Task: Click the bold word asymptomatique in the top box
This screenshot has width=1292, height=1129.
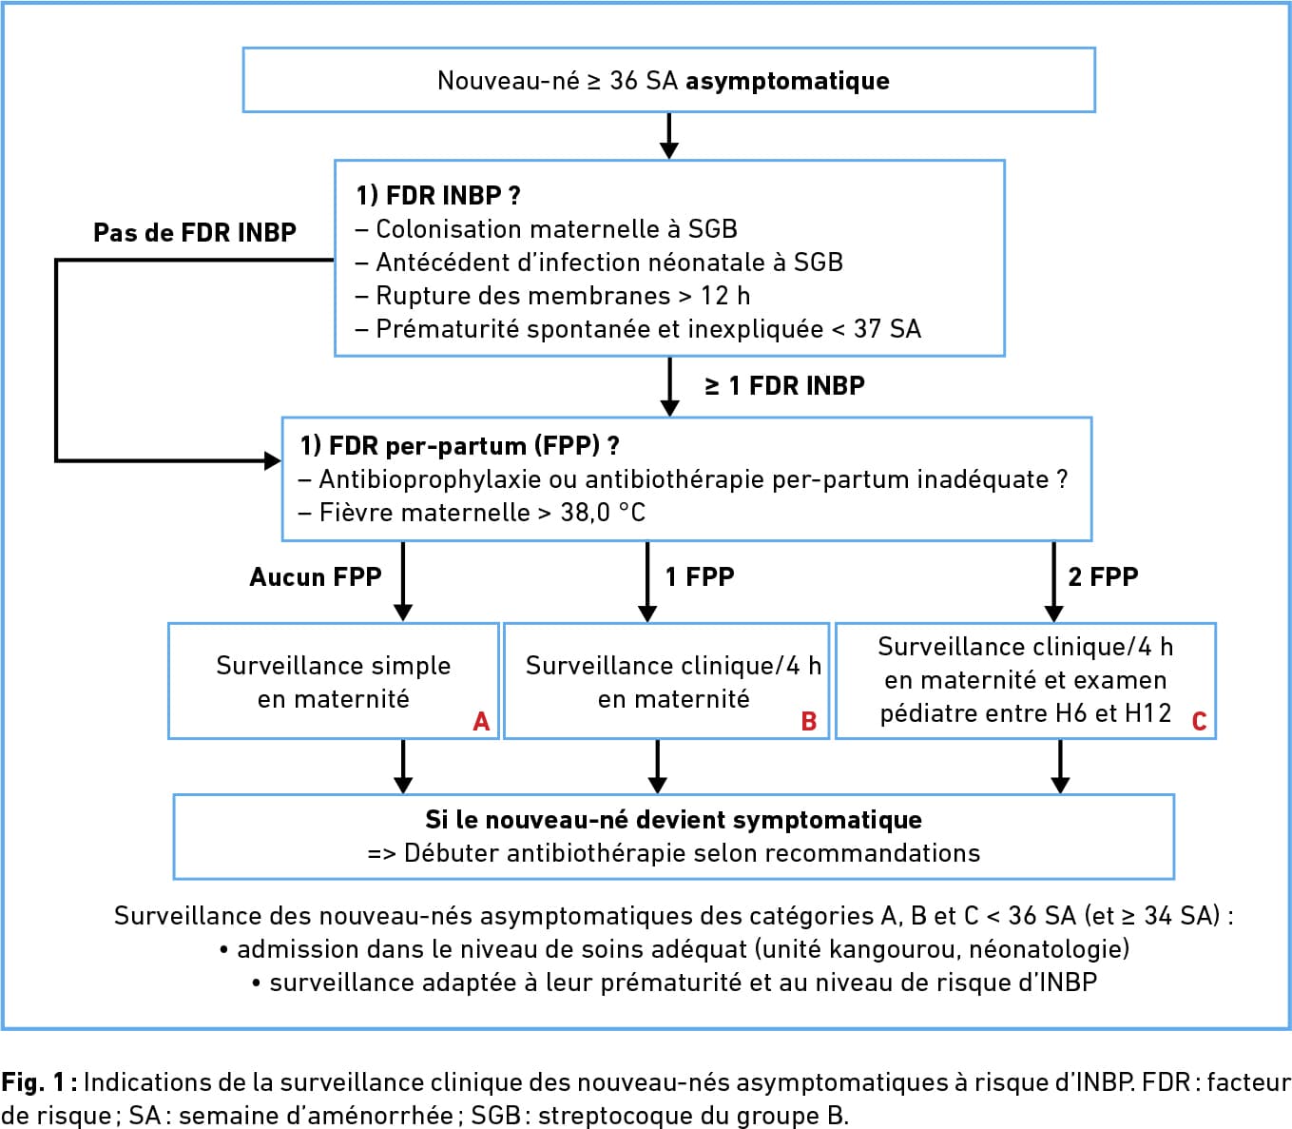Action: pos(787,82)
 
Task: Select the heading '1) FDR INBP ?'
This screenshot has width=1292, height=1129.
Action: pos(438,195)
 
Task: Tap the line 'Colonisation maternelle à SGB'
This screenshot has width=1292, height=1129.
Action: pos(547,228)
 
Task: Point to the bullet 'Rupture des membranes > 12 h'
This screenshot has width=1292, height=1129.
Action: pos(553,296)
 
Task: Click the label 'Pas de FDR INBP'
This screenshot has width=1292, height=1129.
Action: pos(195,232)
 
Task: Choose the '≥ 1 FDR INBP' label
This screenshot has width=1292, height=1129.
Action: pos(785,385)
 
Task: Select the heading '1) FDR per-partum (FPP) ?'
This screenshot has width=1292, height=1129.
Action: pos(460,446)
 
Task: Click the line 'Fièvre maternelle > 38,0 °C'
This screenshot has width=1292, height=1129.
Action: pos(472,513)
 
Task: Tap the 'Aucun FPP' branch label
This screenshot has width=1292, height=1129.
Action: pos(316,576)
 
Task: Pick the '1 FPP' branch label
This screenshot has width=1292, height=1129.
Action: pos(701,576)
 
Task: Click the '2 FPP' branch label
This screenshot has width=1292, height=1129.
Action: pos(1103,576)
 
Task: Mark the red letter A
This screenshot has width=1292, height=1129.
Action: pos(481,722)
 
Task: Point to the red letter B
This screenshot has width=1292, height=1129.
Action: pos(809,722)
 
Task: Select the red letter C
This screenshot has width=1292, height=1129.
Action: pos(1199,722)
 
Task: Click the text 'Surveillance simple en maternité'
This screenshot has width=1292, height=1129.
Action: pos(334,682)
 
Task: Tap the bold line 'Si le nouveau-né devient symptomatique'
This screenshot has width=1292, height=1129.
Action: pos(674,820)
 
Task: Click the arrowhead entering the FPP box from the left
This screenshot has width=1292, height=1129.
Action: pos(273,460)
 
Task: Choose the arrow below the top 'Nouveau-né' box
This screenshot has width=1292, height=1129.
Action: pos(669,136)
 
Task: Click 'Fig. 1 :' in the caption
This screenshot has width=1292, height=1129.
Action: pos(39,1082)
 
